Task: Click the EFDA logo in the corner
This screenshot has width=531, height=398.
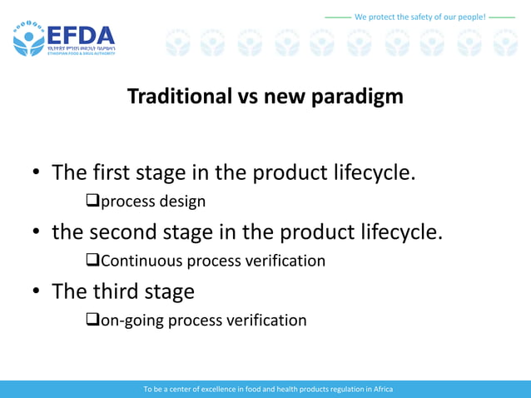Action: pos(63,38)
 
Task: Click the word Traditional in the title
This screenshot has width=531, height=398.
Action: pos(178,97)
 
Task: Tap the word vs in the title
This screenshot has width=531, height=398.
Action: pos(247,97)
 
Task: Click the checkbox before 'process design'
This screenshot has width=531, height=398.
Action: pos(93,201)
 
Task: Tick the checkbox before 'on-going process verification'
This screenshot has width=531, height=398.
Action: pos(93,321)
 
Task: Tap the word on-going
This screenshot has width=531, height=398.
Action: pos(132,321)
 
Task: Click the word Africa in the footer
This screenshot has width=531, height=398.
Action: pos(381,389)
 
